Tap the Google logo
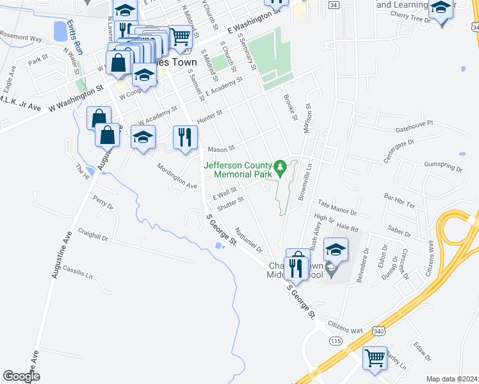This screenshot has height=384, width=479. click(21, 376)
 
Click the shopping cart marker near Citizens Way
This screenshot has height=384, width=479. click(375, 358)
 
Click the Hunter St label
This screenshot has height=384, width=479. click(209, 115)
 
